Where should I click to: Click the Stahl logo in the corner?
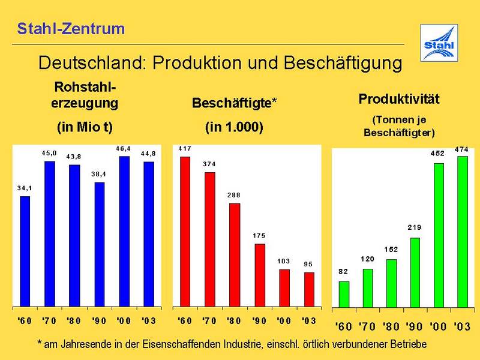click(439, 43)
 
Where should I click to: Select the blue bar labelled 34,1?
click(25, 250)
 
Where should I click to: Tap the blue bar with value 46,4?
click(124, 230)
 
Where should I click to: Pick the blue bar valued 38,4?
click(100, 244)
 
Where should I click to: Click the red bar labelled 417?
click(185, 230)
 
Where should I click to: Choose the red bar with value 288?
click(235, 254)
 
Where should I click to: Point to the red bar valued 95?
click(308, 289)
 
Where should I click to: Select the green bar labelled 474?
click(462, 231)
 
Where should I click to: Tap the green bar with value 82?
click(344, 293)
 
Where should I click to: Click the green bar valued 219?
click(415, 272)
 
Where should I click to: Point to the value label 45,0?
click(50, 154)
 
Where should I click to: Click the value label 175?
click(259, 236)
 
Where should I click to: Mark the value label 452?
click(438, 153)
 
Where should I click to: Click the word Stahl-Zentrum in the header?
click(71, 28)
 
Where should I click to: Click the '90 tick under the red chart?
click(259, 321)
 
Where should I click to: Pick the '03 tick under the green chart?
click(461, 327)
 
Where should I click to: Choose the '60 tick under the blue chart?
click(25, 321)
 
